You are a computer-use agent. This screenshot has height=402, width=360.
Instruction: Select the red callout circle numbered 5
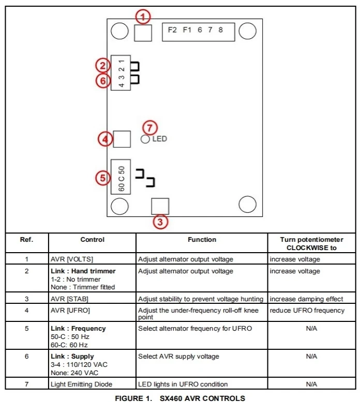[x=103, y=178]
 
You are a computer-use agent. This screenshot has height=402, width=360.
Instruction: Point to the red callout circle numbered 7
[x=149, y=127]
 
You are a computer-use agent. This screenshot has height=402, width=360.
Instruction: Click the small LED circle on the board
[x=145, y=139]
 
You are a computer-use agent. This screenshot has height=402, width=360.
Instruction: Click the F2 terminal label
[x=172, y=30]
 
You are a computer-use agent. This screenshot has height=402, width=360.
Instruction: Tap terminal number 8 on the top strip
[x=221, y=30]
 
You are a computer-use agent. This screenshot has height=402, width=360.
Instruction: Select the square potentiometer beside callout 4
[x=122, y=139]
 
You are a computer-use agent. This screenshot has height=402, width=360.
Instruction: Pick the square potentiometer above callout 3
[x=160, y=206]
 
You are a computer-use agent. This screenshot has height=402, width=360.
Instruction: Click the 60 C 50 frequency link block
[x=121, y=177]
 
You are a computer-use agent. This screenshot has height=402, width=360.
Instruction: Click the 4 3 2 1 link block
[x=121, y=72]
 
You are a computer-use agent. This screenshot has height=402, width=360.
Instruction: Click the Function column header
[x=202, y=240]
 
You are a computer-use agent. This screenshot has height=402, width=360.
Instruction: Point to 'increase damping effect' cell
[x=306, y=299]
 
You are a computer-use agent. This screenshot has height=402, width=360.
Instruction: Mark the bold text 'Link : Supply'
[x=72, y=357]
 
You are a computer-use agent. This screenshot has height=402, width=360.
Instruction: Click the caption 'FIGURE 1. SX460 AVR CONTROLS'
[x=179, y=397]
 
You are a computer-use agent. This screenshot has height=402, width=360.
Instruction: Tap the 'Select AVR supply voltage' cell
[x=178, y=357]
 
